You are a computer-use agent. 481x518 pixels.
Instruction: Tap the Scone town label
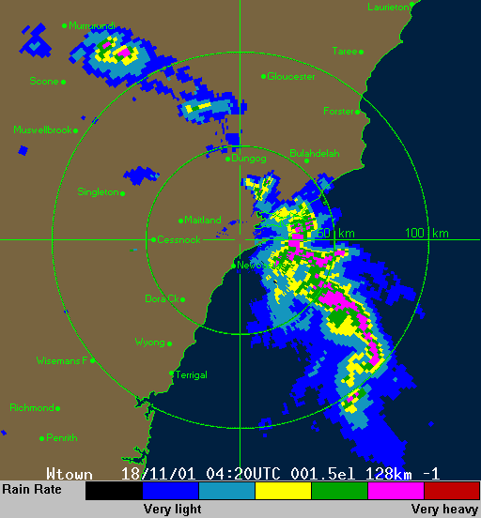coord(43,82)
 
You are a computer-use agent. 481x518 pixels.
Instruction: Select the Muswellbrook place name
coord(43,130)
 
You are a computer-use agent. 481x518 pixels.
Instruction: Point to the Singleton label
coord(99,191)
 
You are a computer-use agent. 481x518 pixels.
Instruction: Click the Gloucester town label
coord(291,76)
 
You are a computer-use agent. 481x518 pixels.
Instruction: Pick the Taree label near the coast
coord(346,51)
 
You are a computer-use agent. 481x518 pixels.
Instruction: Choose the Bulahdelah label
coord(314,153)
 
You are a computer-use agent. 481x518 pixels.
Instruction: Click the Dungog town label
coord(249,159)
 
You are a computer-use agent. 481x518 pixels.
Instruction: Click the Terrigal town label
coord(191,373)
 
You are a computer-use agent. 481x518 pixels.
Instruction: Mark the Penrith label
coord(61,437)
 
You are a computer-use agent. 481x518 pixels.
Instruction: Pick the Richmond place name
coord(33,407)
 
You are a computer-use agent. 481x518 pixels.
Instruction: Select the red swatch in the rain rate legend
coord(452,490)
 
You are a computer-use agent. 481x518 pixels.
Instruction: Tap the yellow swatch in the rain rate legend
coord(283,490)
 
